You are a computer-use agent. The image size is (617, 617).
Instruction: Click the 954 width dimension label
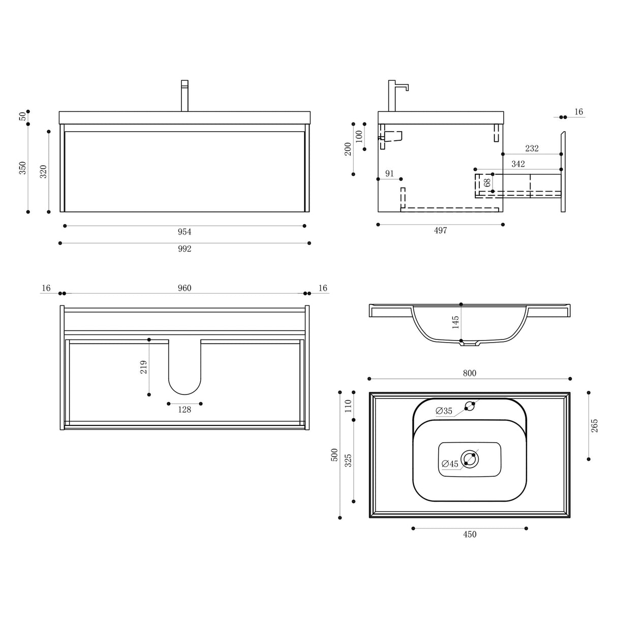(184, 232)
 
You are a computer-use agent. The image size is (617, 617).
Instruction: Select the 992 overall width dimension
(184, 249)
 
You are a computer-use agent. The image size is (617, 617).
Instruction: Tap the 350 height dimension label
(22, 168)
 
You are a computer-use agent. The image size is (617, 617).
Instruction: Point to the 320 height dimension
(43, 171)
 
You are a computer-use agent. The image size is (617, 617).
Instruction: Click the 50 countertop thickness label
(22, 117)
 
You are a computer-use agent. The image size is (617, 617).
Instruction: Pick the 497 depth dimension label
(440, 231)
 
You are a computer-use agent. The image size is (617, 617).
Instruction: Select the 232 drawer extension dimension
(532, 148)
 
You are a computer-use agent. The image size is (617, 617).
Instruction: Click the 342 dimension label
(518, 164)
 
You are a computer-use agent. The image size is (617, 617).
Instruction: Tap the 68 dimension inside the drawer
(487, 182)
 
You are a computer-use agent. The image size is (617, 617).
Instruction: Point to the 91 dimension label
(389, 174)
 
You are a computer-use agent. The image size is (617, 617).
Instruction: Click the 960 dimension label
(184, 288)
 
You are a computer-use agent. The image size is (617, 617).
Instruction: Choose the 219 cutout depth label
(143, 367)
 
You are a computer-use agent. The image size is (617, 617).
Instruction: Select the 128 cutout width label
(184, 410)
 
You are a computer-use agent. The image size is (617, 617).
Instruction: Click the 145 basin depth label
(455, 322)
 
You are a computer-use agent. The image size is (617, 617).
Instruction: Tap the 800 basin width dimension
(469, 374)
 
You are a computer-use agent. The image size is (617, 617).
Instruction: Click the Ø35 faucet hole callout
(444, 411)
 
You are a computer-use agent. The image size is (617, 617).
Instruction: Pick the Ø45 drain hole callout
(450, 464)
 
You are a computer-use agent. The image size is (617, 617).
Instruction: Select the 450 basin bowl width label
(469, 534)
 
